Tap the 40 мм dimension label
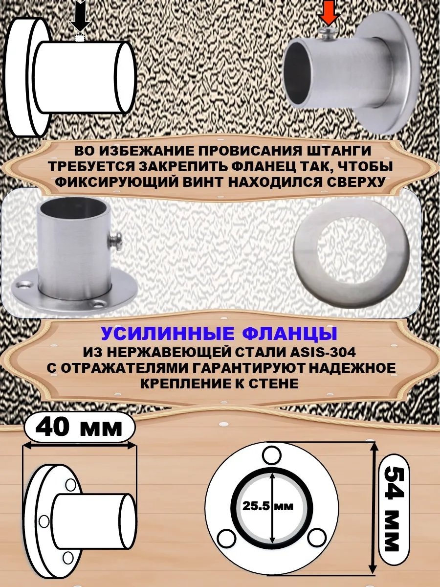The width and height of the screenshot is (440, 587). (79, 426)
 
